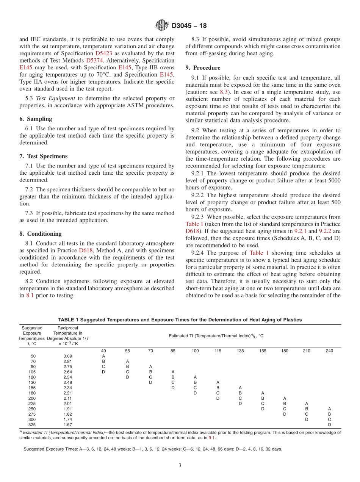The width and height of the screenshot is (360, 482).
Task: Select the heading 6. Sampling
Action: [36, 119]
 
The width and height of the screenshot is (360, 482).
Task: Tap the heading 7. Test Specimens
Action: [43, 156]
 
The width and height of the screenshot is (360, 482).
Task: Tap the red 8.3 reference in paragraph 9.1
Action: [224, 92]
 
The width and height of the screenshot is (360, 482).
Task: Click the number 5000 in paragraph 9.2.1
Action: [333, 180]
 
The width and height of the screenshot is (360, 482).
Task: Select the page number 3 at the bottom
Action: [180, 465]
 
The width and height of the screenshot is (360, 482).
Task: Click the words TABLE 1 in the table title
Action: [69, 320]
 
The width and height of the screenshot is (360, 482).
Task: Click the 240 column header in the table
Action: [329, 351]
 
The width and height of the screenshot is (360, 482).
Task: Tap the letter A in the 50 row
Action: [103, 356]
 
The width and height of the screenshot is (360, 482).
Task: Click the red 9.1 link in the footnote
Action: [211, 438]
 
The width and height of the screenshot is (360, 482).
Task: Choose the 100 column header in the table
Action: [195, 351]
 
